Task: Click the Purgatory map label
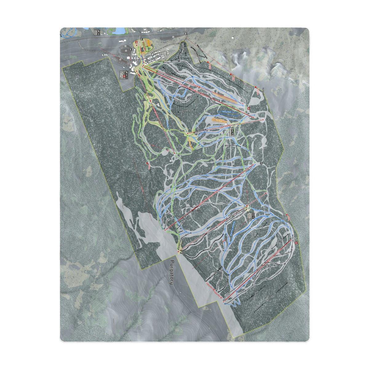point(172,272)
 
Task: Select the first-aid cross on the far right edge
point(296,243)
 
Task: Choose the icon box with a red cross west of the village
point(125,75)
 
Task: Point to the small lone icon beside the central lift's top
point(261,163)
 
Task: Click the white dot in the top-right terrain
point(233,38)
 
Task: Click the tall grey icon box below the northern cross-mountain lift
point(232,132)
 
